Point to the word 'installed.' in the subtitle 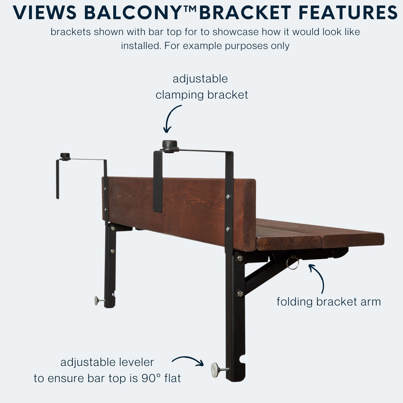[141, 46]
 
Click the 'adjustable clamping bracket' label [201, 87]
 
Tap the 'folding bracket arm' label [328, 301]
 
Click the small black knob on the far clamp [65, 156]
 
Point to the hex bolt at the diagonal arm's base [240, 293]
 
